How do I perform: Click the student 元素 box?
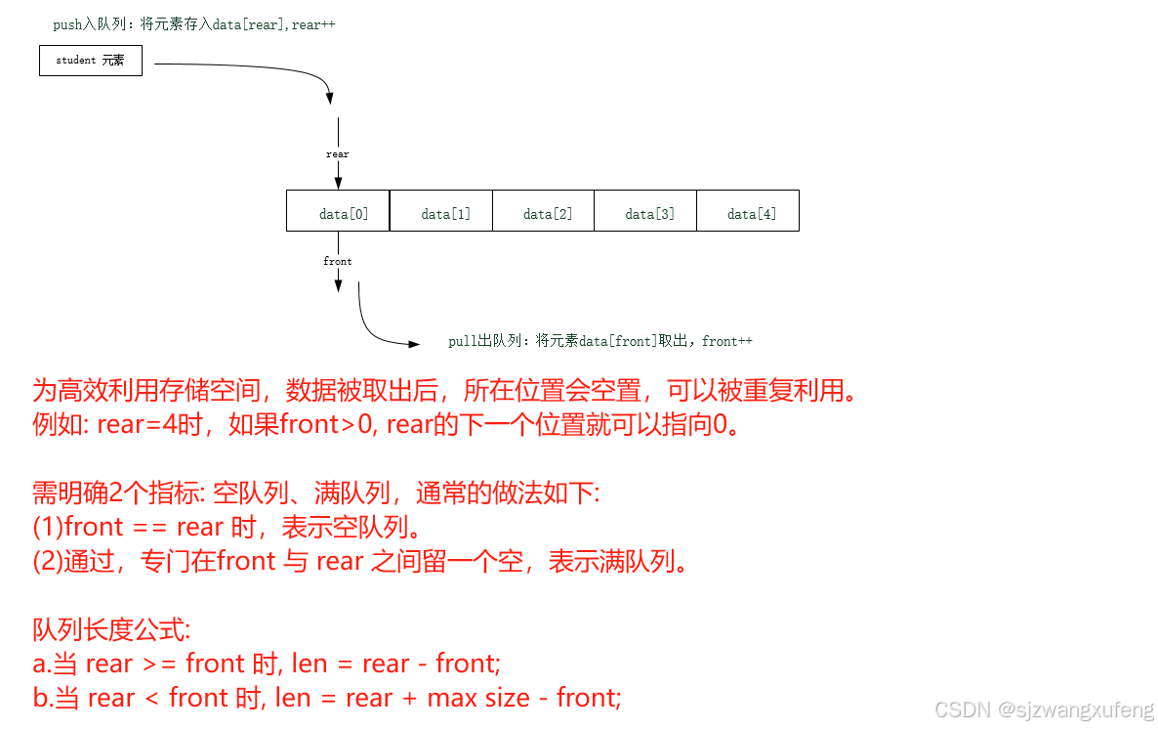click(91, 61)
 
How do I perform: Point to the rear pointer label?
click(338, 154)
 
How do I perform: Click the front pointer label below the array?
click(338, 262)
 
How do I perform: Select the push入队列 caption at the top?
click(193, 24)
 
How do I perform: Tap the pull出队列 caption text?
click(600, 341)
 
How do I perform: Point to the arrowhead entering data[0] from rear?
click(338, 182)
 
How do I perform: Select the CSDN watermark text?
click(1044, 709)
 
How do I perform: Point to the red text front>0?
click(323, 425)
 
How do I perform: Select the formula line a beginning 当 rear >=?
click(267, 664)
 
